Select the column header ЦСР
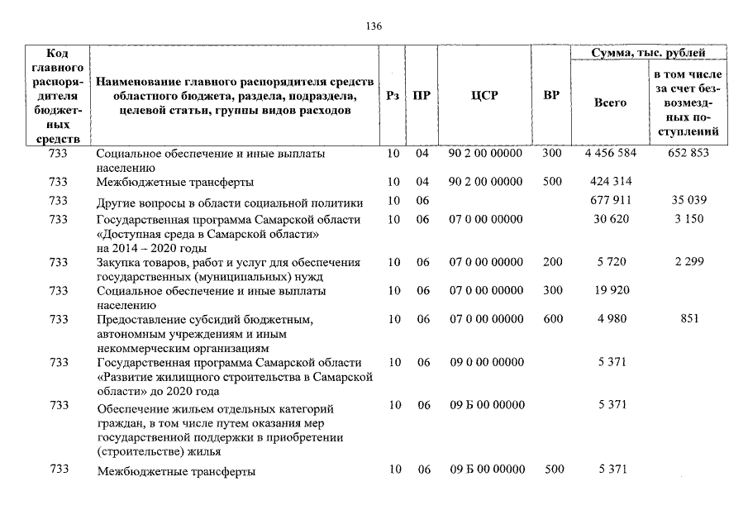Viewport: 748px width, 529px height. (484, 96)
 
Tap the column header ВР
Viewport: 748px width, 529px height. (551, 96)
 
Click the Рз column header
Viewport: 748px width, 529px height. (393, 96)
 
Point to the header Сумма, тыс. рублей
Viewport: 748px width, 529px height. (648, 53)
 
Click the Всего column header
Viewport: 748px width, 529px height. (611, 103)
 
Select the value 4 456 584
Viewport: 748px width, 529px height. (611, 154)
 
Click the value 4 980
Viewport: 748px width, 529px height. (611, 319)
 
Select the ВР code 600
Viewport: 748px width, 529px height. (551, 319)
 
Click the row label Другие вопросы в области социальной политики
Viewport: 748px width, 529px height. (230, 201)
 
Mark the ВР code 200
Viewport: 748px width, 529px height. (551, 262)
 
